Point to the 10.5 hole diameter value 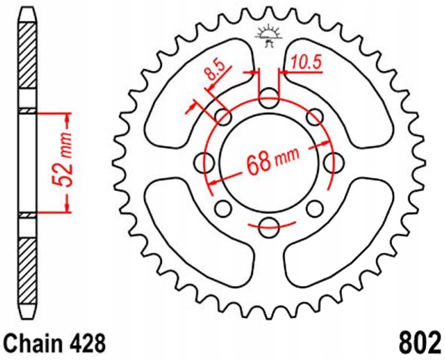pyautogui.click(x=306, y=63)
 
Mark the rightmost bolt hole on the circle pyautogui.click(x=330, y=162)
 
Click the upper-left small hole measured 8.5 pyautogui.click(x=223, y=116)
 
